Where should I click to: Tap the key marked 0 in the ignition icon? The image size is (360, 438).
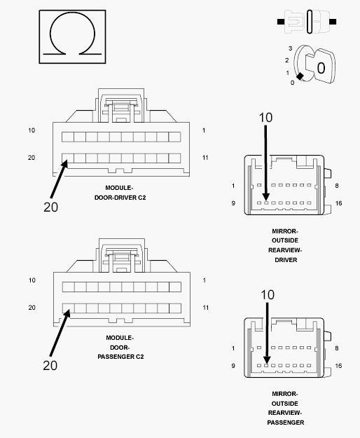click(320, 67)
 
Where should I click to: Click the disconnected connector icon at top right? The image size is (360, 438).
click(307, 22)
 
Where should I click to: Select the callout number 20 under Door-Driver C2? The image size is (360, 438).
click(51, 207)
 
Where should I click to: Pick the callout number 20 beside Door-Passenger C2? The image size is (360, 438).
click(50, 365)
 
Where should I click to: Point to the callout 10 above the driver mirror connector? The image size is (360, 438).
click(265, 118)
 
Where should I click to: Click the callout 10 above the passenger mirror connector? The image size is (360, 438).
click(268, 295)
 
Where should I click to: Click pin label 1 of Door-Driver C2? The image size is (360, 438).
click(204, 130)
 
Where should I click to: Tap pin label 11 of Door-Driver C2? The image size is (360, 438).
click(205, 158)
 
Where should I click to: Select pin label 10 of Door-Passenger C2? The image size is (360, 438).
click(32, 280)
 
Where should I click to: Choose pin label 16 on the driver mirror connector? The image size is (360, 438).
click(338, 203)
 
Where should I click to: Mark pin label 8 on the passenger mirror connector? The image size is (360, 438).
click(337, 348)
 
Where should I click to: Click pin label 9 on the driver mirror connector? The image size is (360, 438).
click(233, 203)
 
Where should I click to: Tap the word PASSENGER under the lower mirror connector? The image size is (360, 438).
click(286, 423)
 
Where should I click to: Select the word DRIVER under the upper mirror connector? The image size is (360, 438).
click(286, 260)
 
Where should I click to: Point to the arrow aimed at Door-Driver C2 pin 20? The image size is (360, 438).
click(59, 179)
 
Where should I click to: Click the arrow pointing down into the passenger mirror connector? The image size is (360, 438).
click(267, 334)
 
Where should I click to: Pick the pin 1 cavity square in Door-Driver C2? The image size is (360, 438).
click(174, 137)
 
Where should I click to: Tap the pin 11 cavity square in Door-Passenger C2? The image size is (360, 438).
click(175, 308)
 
